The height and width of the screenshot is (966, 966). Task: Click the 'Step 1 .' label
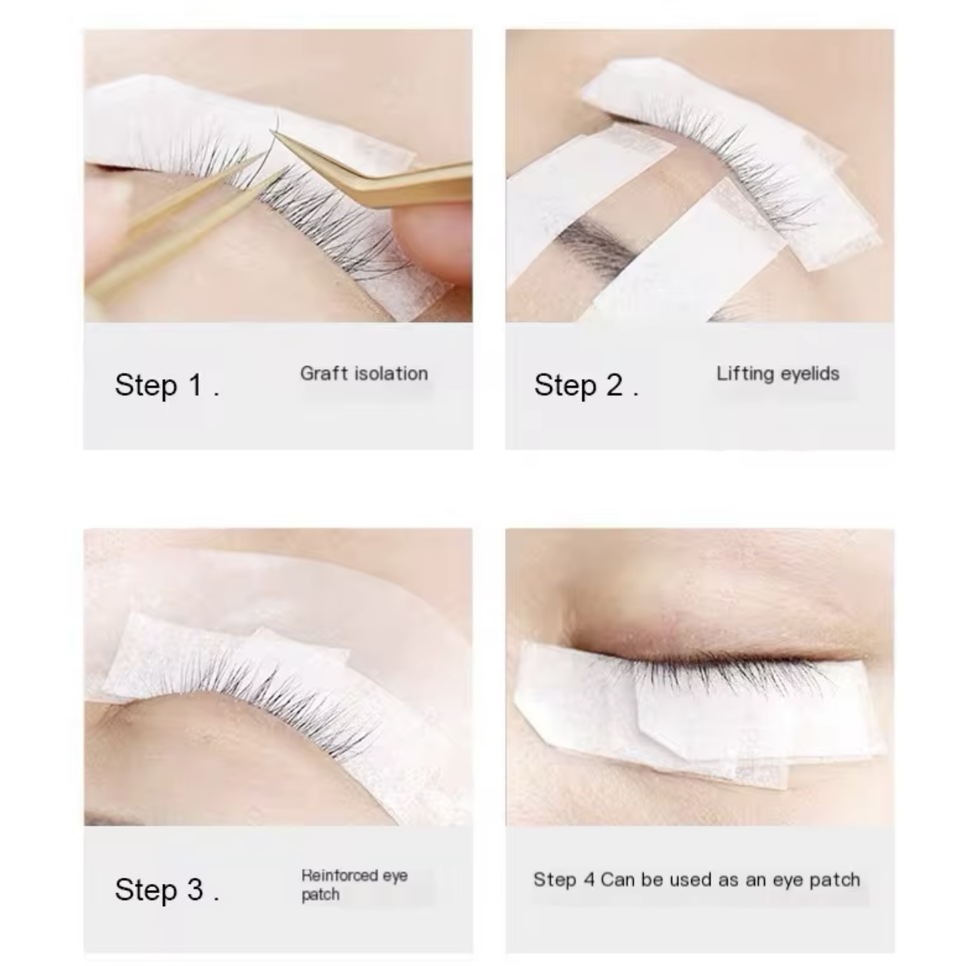click(167, 385)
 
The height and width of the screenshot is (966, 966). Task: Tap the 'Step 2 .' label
click(586, 385)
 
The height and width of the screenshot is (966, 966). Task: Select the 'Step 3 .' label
click(167, 890)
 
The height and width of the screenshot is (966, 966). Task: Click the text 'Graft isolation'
click(364, 374)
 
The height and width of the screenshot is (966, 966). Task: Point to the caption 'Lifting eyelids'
click(777, 374)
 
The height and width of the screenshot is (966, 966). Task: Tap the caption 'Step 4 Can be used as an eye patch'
click(696, 880)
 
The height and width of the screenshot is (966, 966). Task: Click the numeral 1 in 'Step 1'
click(195, 385)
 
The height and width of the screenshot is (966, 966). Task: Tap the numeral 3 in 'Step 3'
click(195, 890)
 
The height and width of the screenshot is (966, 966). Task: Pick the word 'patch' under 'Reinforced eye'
click(320, 895)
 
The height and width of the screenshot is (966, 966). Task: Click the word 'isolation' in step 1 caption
click(391, 374)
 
